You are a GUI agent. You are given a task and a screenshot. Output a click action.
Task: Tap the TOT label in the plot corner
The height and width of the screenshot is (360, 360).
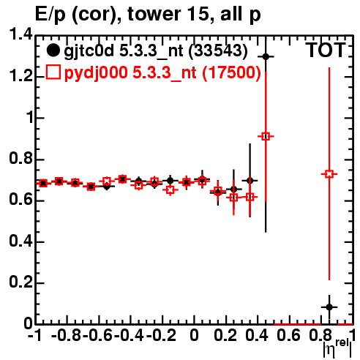(325, 50)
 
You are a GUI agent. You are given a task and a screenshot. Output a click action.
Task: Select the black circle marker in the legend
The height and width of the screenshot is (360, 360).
(53, 50)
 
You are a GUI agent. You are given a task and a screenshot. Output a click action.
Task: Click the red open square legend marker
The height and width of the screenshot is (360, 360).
(53, 72)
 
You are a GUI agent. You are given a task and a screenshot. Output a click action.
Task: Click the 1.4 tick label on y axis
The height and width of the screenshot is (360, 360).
(20, 34)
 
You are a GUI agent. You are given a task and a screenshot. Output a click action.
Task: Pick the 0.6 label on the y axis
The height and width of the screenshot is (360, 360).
(20, 200)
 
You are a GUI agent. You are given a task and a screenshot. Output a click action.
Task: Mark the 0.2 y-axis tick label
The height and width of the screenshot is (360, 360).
(20, 282)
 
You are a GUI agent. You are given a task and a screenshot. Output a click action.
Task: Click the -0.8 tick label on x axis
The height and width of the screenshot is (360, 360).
(67, 335)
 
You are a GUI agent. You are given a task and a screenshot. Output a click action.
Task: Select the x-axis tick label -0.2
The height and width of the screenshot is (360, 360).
(161, 335)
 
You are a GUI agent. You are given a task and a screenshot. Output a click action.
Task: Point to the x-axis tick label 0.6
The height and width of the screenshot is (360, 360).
(288, 335)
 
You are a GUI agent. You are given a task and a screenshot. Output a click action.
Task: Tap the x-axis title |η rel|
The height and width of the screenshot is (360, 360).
(337, 349)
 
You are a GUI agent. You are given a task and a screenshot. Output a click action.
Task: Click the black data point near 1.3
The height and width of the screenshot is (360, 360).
(266, 56)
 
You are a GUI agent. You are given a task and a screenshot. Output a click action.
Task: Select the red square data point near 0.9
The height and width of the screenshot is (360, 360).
(266, 136)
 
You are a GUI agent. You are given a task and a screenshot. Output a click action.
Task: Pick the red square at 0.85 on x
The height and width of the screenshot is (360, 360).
(329, 174)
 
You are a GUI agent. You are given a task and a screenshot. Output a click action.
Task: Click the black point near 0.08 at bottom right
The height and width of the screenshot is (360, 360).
(329, 307)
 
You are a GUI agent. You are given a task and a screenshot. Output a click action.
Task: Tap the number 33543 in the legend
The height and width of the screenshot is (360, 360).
(218, 51)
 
